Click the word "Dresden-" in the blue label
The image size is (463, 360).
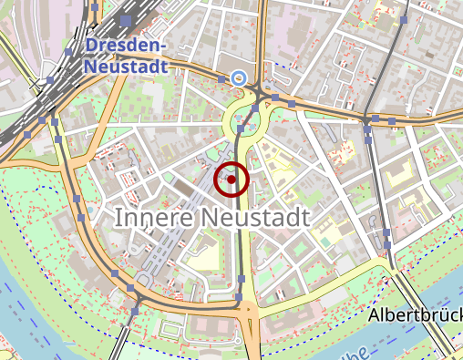point(127,46)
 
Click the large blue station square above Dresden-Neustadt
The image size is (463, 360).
point(125,20)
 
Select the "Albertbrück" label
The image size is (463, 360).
point(415,315)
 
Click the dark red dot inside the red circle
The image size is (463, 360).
point(231,180)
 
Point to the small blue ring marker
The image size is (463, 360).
point(238,78)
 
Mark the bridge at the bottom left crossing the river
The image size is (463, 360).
point(118,342)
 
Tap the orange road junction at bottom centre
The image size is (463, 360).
point(247,310)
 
